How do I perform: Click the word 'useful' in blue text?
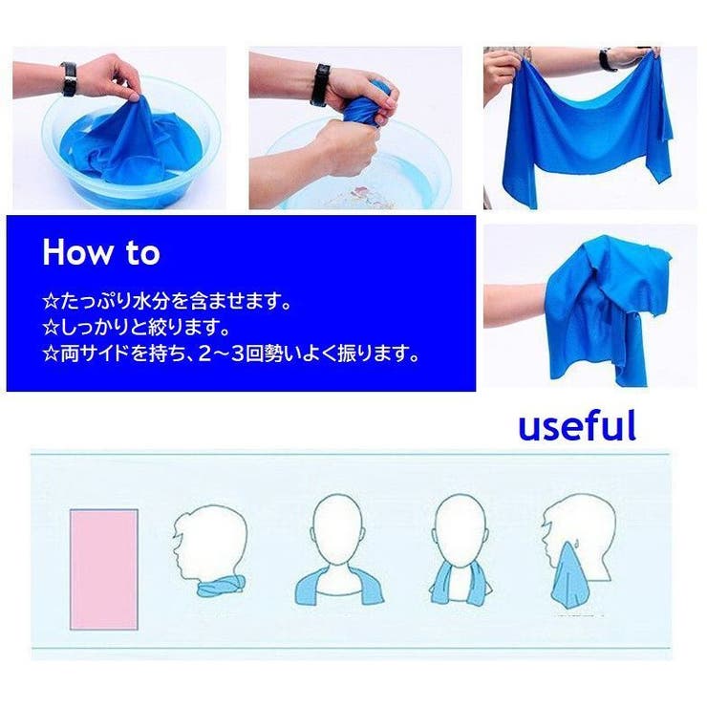[577, 425]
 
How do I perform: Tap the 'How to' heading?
[101, 252]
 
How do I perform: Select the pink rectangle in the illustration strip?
[104, 569]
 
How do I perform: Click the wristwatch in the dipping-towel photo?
[69, 79]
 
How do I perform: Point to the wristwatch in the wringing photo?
[321, 85]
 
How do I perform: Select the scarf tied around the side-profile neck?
[221, 587]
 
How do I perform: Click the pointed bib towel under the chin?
[569, 572]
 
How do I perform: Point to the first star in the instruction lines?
[50, 301]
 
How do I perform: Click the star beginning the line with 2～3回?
[50, 353]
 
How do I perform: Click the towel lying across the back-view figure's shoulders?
[339, 587]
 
